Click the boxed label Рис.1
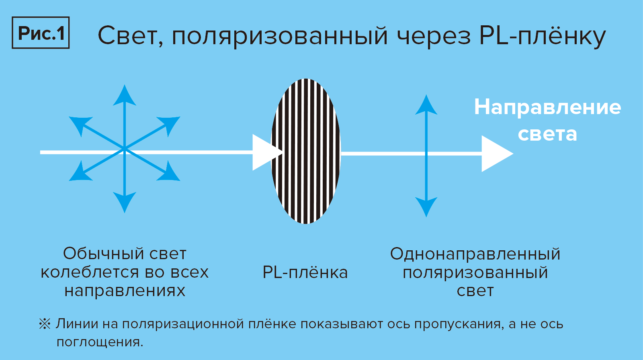[x=41, y=33]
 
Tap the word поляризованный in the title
[x=280, y=36]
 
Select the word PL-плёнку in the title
[x=543, y=36]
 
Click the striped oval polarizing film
[x=306, y=151]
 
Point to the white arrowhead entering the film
[x=265, y=152]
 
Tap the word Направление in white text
[x=547, y=107]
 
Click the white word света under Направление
[x=547, y=134]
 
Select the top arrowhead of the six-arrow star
[x=125, y=96]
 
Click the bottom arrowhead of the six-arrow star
[x=125, y=202]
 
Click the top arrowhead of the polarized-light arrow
[x=426, y=104]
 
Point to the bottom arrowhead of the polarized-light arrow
[x=426, y=207]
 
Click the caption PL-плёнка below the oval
[x=305, y=272]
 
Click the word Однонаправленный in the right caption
[x=475, y=254]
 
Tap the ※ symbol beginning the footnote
[x=45, y=324]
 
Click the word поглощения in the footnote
[x=99, y=342]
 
